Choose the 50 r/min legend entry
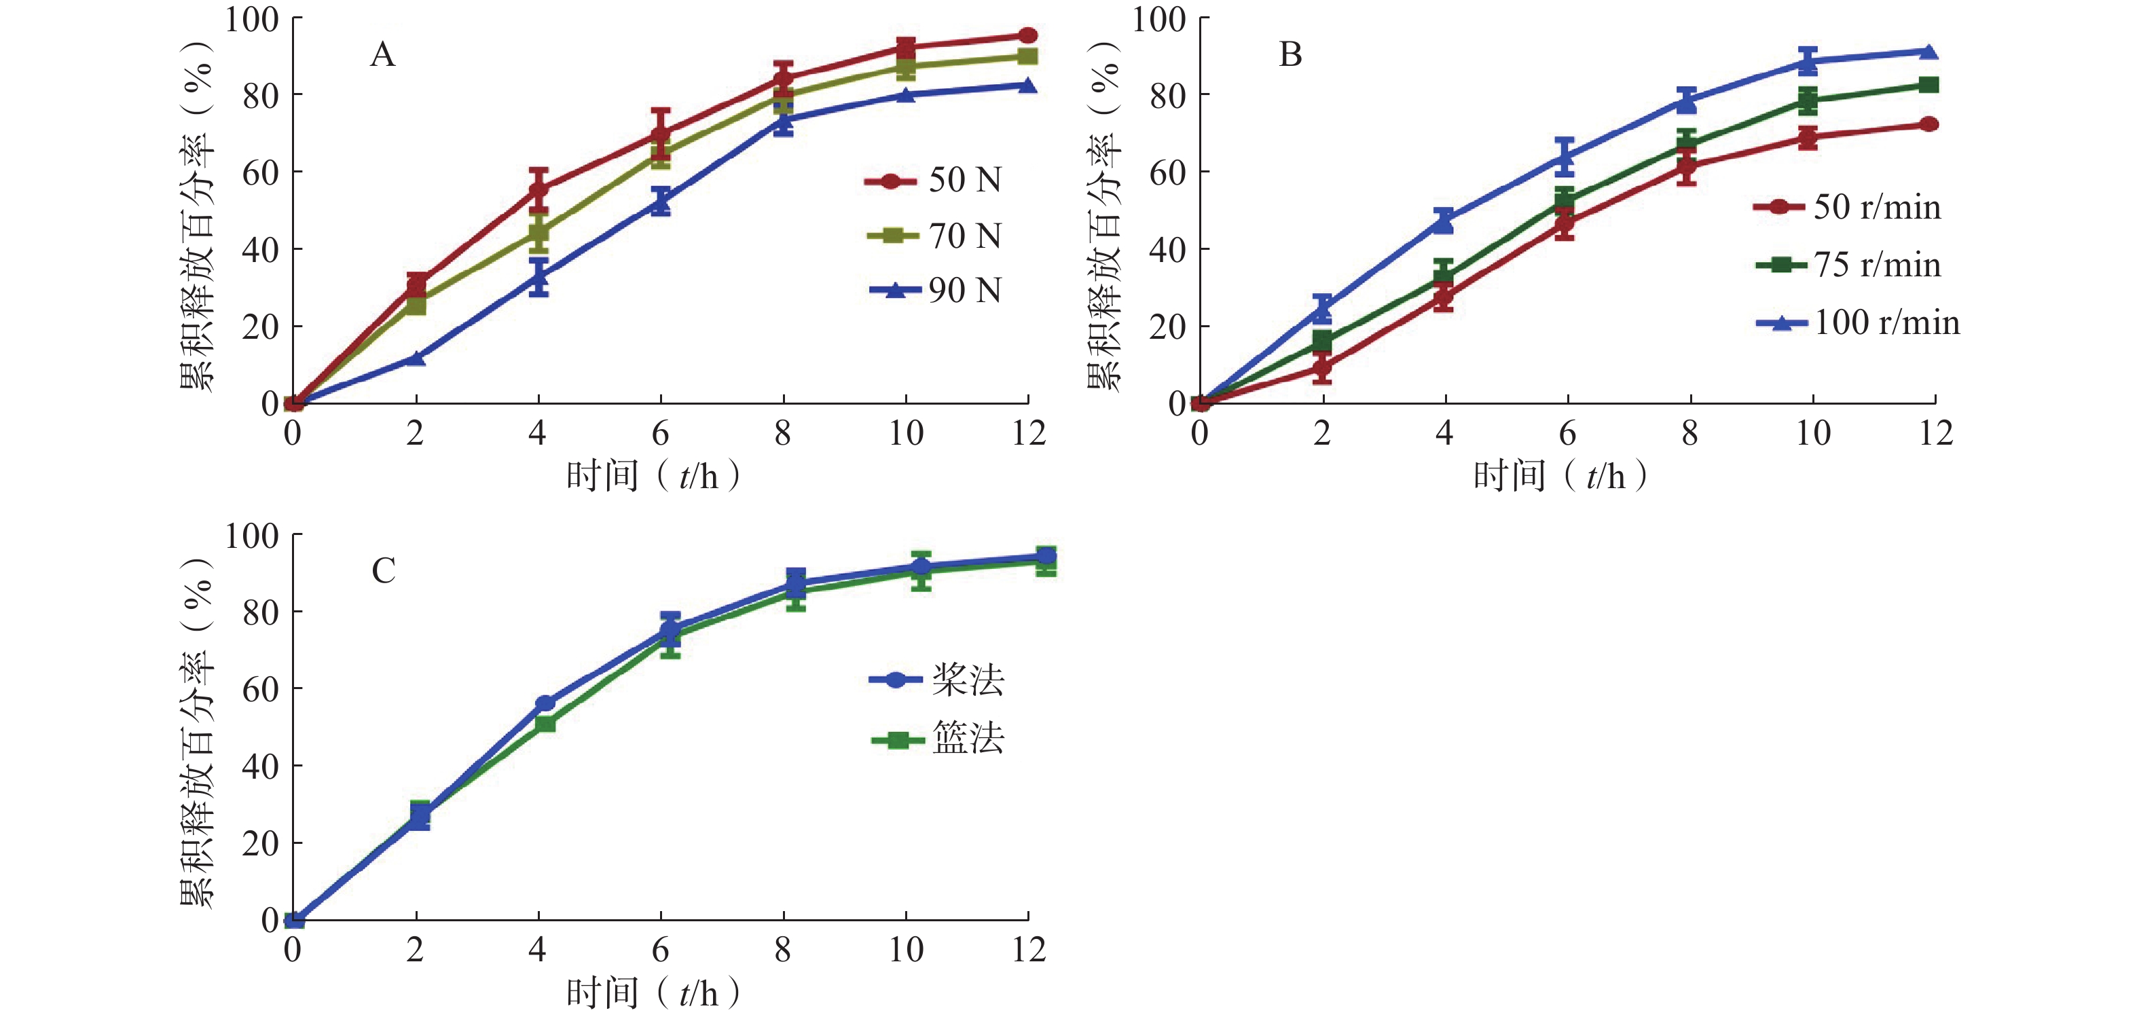pos(1847,206)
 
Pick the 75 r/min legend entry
pos(1848,265)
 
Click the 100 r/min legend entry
pos(1857,322)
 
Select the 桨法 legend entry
pos(936,680)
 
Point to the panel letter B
pos(1290,55)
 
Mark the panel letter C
pos(383,571)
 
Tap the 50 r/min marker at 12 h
pos(1929,124)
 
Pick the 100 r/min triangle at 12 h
pos(1929,52)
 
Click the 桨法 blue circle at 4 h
pos(545,704)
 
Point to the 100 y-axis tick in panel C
pos(252,536)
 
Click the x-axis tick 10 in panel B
pos(1812,433)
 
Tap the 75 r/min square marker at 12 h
pos(1929,85)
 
